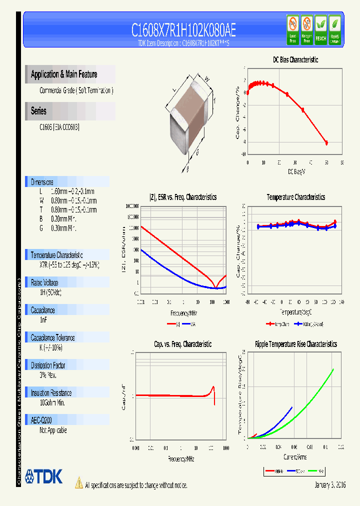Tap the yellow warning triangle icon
click(x=78, y=483)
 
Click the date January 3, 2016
click(x=330, y=485)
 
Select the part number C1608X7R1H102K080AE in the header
click(x=183, y=30)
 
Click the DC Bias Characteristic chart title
click(x=295, y=59)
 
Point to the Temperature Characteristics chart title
click(x=295, y=197)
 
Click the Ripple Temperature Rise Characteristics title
click(x=295, y=344)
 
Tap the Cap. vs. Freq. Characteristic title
click(x=182, y=344)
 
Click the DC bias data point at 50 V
click(x=326, y=143)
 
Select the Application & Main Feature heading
click(x=64, y=74)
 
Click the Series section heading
click(x=38, y=111)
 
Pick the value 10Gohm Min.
click(x=52, y=402)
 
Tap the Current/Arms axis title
click(x=294, y=457)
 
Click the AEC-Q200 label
click(x=41, y=421)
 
